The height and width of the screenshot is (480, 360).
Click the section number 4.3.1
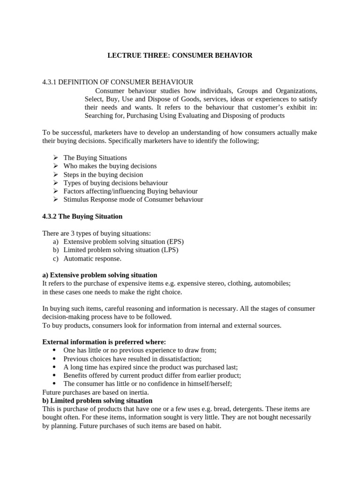click(49, 82)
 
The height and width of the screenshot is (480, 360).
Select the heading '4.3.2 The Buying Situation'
click(82, 216)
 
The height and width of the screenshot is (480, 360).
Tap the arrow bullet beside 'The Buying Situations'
click(55, 157)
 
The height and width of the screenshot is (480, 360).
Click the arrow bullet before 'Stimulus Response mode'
click(55, 199)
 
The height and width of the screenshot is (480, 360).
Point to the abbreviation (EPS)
click(173, 241)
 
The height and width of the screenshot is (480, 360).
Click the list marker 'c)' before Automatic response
click(56, 258)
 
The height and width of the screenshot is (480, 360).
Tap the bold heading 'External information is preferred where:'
click(104, 342)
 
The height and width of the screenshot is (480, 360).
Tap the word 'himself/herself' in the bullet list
click(210, 383)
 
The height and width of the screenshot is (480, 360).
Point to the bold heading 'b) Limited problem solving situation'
click(97, 400)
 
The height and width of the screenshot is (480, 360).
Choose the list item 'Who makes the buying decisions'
click(110, 166)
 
